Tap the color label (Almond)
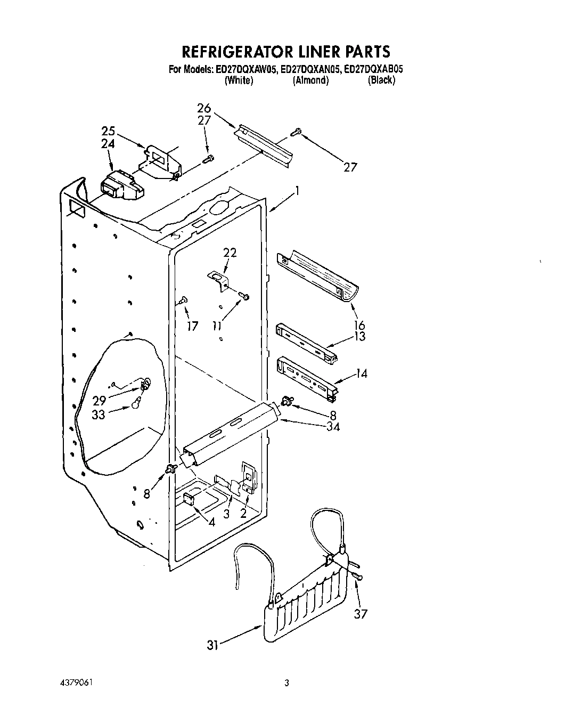click(x=310, y=80)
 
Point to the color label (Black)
click(x=381, y=80)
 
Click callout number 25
click(x=109, y=131)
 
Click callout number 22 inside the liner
click(x=230, y=253)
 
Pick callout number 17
click(x=192, y=326)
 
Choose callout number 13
click(x=359, y=336)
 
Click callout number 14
click(x=361, y=373)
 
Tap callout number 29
click(x=100, y=401)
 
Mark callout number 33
click(x=99, y=414)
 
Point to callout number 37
click(x=361, y=614)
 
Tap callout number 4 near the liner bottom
click(x=212, y=522)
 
